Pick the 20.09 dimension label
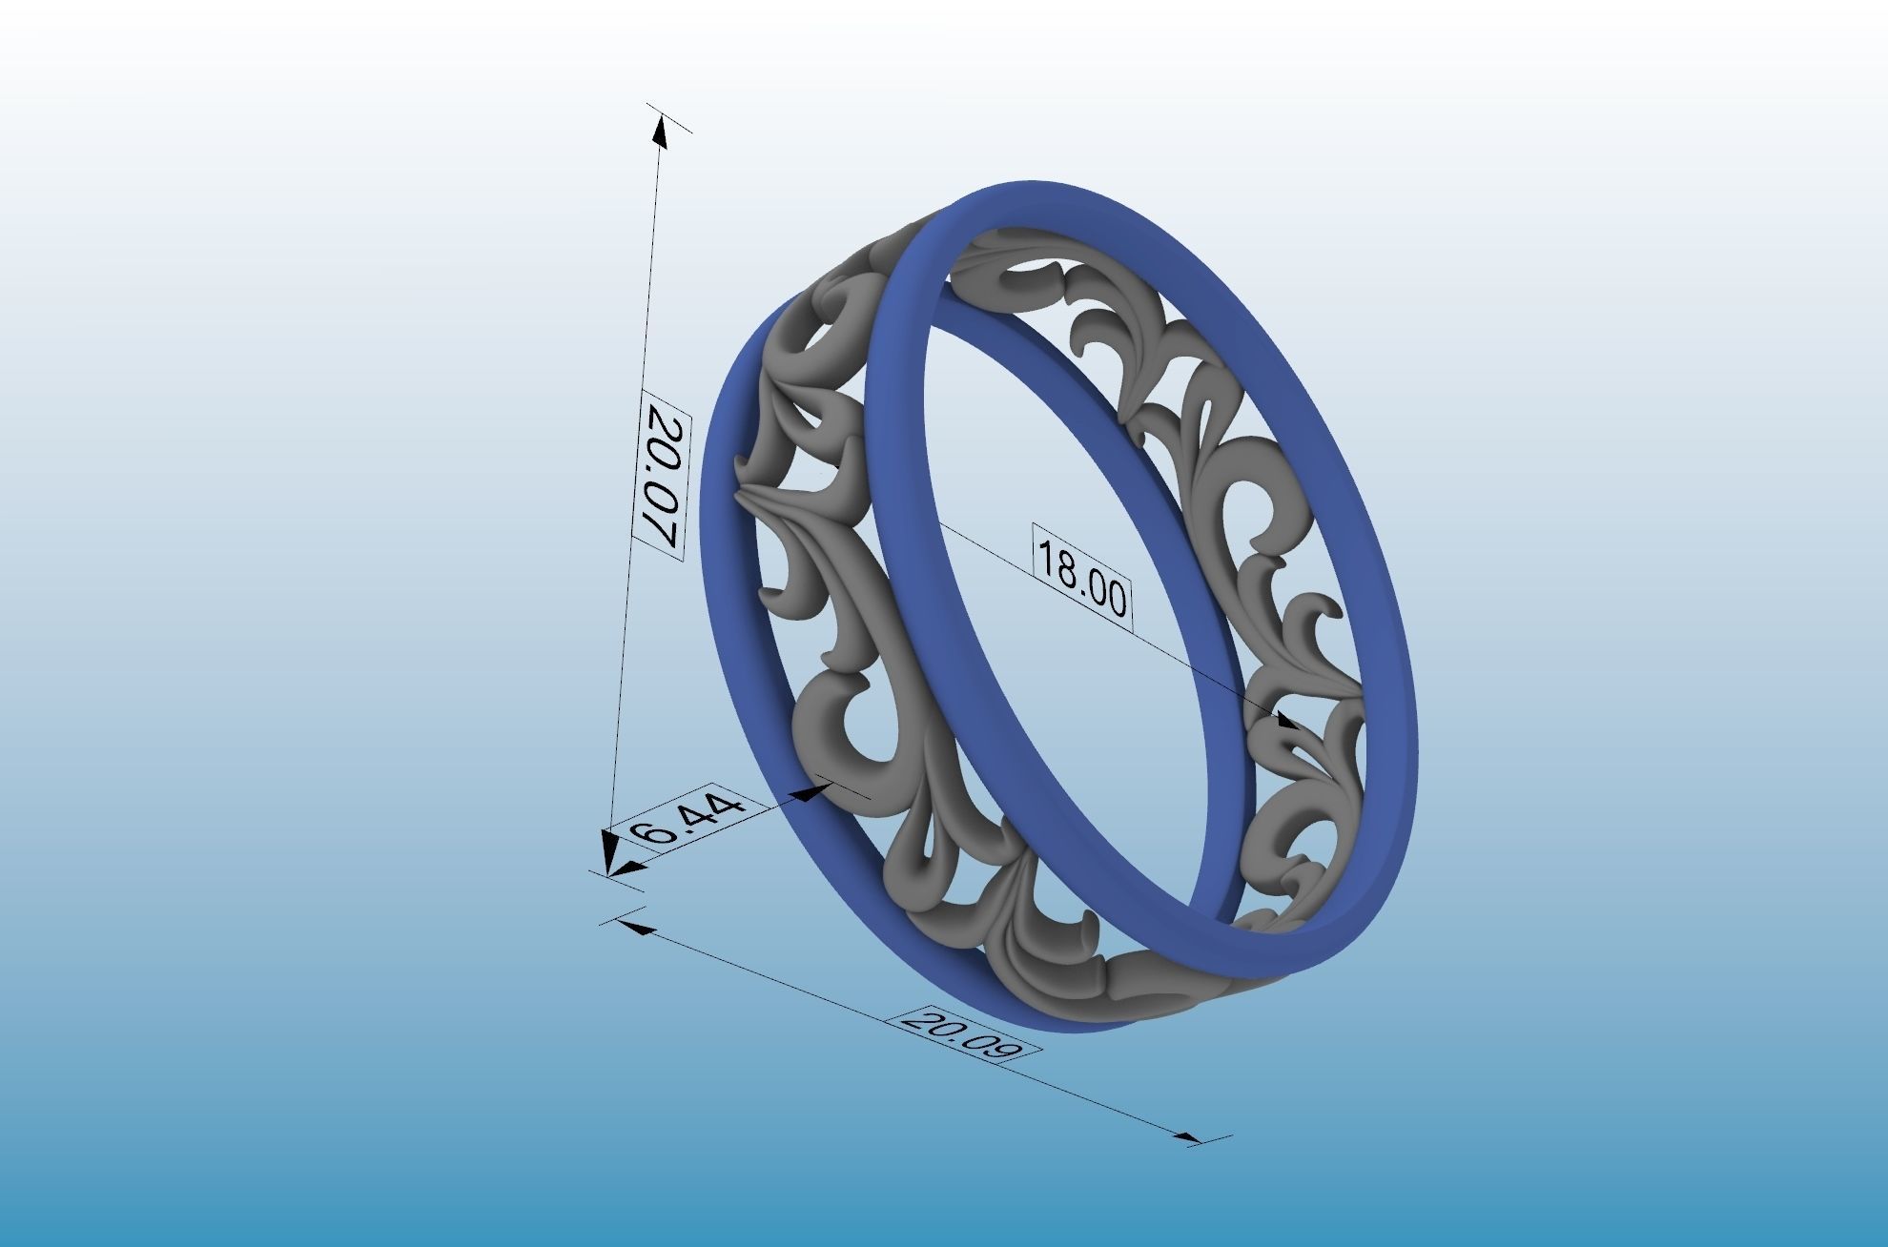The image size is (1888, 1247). click(960, 1032)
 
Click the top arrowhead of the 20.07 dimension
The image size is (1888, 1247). click(659, 129)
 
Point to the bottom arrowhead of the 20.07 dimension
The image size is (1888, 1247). click(608, 850)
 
